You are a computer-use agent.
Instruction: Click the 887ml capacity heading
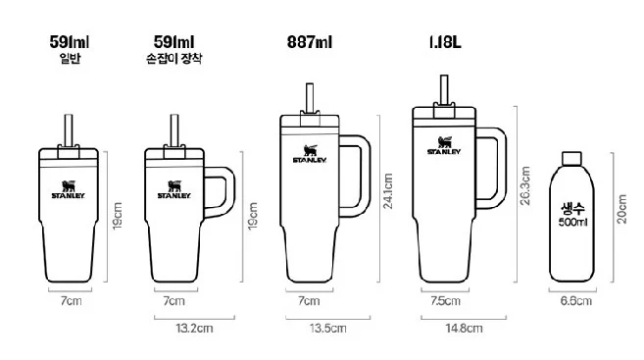[x=310, y=42]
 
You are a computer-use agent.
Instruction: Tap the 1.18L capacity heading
[x=445, y=42]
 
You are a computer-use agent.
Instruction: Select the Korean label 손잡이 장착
[x=174, y=58]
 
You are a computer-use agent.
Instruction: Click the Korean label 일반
[x=70, y=58]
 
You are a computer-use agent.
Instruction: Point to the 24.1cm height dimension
[x=388, y=191]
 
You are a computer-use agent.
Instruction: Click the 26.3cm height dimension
[x=524, y=185]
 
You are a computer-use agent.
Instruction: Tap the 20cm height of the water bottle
[x=621, y=209]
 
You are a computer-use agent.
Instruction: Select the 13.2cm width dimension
[x=194, y=329]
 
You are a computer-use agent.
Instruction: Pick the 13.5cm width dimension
[x=327, y=329]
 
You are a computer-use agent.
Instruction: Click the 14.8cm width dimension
[x=464, y=329]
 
